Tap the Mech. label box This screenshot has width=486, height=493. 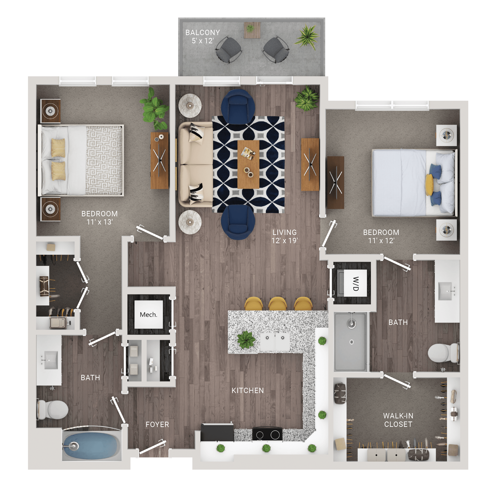[x=149, y=314]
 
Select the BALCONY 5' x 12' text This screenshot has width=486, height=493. [x=202, y=36]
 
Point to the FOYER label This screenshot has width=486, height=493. [x=157, y=424]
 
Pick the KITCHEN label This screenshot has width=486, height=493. [x=248, y=390]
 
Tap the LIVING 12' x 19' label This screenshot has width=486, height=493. [x=284, y=237]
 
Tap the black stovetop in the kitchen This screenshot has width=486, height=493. [x=267, y=434]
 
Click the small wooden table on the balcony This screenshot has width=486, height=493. [x=252, y=30]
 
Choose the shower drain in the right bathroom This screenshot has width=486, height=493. [x=352, y=342]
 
